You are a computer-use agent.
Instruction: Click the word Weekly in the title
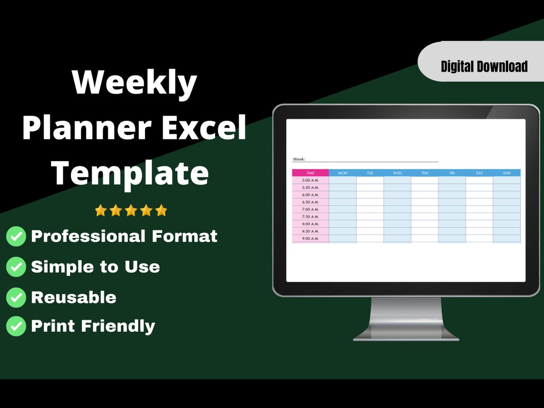[134, 83]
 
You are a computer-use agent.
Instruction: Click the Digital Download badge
[484, 66]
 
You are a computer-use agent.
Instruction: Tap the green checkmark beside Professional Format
[16, 236]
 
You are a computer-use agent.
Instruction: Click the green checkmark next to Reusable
[16, 298]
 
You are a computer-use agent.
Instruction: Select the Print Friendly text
[93, 326]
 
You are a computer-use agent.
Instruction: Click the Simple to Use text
[96, 267]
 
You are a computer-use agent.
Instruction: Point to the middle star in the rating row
[131, 211]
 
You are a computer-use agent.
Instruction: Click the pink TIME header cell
[310, 173]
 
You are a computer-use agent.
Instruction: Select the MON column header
[343, 173]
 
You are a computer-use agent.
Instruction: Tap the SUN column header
[507, 173]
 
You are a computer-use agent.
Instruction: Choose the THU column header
[425, 173]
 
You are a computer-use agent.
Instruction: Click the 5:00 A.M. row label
[310, 180]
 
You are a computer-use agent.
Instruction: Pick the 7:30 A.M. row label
[310, 217]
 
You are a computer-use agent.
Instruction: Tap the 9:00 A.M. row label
[310, 239]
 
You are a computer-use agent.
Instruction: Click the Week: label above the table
[299, 159]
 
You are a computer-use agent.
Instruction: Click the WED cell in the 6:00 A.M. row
[397, 195]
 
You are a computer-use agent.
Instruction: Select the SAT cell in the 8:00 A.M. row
[479, 224]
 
